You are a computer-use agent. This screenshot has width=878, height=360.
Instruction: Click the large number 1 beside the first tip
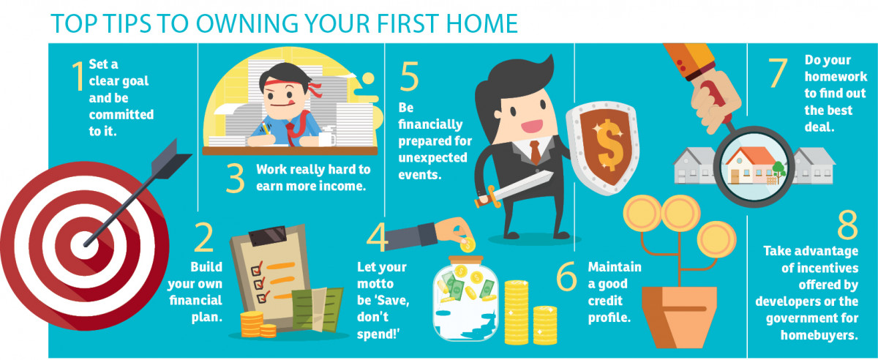[x=78, y=76]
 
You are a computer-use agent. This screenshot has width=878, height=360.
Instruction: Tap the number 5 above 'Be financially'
[x=410, y=76]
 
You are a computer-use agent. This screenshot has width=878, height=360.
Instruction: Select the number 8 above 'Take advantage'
[x=847, y=225]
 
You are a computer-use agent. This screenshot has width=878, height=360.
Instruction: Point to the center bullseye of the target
[x=85, y=246]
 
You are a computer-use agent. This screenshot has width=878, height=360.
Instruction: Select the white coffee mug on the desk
[x=327, y=138]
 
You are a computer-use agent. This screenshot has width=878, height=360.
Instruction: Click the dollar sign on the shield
[x=607, y=144]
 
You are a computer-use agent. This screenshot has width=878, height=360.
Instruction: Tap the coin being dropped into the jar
[x=468, y=245]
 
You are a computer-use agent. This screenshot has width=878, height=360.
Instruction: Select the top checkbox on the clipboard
[x=256, y=270]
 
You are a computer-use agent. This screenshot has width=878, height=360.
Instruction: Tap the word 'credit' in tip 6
[x=605, y=301]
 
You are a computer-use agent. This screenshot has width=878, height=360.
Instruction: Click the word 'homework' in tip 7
[x=836, y=77]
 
